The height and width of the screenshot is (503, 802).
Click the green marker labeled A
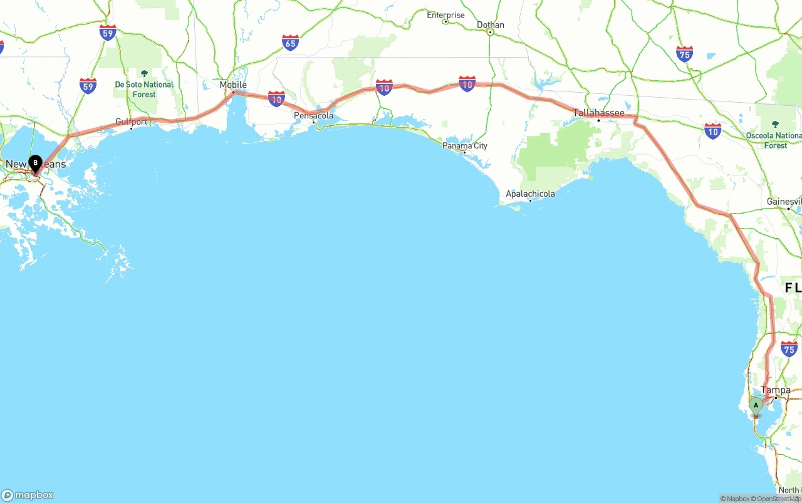(x=756, y=406)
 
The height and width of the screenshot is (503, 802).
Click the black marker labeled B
(x=36, y=163)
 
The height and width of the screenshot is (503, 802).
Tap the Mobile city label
(x=233, y=85)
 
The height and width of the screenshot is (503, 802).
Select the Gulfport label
(x=132, y=122)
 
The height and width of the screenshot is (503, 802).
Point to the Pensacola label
(x=314, y=115)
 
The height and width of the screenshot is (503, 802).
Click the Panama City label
(x=465, y=145)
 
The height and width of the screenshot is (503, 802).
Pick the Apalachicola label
(x=530, y=194)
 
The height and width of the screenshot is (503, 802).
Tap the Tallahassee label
(x=599, y=113)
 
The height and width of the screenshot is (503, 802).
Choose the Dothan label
(x=490, y=24)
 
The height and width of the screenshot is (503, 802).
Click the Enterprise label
(x=446, y=14)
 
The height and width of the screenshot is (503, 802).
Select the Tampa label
(x=776, y=390)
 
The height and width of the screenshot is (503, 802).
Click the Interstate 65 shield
(x=290, y=43)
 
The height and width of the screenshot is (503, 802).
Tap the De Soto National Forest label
(x=144, y=89)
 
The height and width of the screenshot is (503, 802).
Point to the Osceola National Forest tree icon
(x=775, y=124)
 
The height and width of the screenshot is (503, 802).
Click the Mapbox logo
(x=28, y=495)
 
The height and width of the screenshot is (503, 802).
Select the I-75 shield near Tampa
(x=789, y=350)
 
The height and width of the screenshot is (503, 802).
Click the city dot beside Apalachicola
(x=530, y=201)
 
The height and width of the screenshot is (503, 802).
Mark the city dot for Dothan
(x=490, y=32)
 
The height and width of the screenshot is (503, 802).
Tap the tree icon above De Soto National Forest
(x=144, y=73)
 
